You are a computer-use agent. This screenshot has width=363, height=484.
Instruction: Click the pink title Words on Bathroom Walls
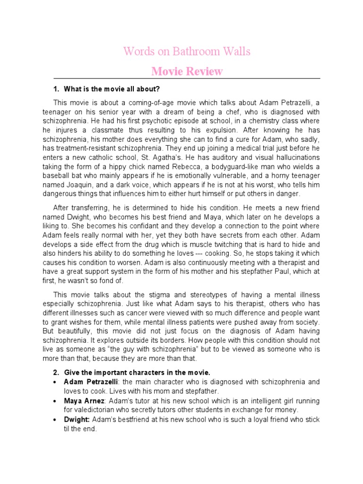pos(187,51)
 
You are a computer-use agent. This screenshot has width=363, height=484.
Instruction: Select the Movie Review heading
pos(187,71)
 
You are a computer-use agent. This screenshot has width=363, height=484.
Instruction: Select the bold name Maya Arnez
pos(85,401)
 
